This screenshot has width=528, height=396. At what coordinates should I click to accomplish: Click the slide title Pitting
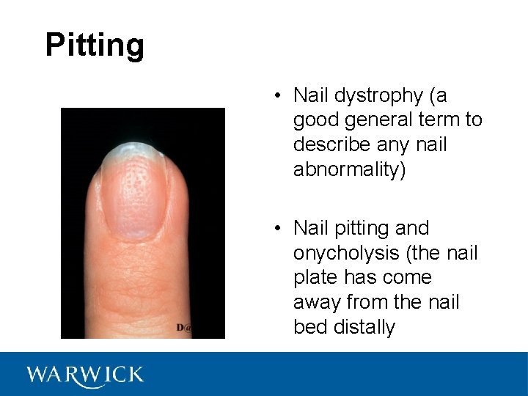coord(95,45)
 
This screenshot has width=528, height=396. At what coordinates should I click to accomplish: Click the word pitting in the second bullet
coord(363,228)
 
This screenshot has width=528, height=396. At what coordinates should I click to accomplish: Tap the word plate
coord(315,278)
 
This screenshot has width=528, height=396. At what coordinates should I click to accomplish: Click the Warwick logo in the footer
coord(85,375)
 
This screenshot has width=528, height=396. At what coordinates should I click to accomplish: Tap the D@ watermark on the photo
coord(183,328)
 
